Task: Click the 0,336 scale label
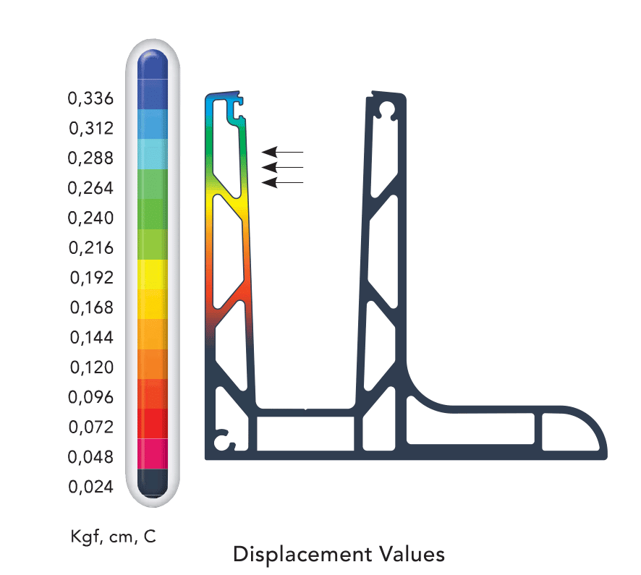[90, 98]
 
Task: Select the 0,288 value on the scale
[90, 158]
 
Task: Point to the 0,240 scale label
[90, 218]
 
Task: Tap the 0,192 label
[92, 278]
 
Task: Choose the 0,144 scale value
[92, 337]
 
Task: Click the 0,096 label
[90, 397]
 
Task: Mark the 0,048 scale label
[90, 456]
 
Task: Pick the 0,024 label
[90, 486]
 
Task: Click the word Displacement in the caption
[302, 555]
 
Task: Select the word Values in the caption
[412, 554]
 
